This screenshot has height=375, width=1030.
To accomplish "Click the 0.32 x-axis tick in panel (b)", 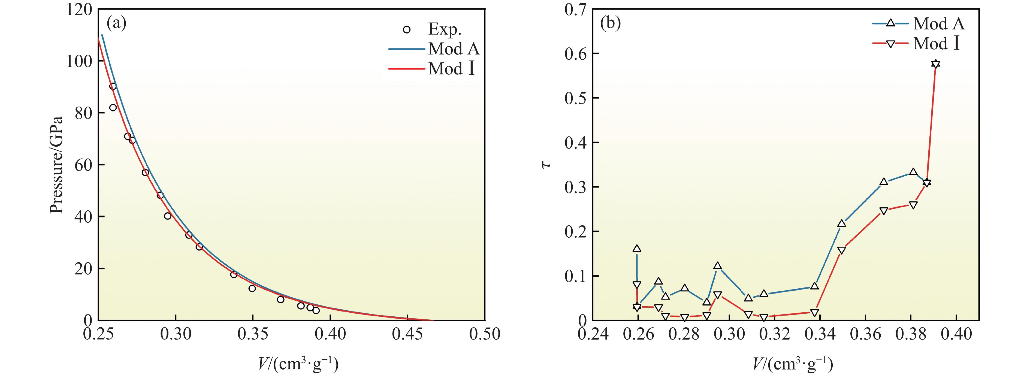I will (774, 334).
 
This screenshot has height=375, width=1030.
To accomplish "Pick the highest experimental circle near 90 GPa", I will (113, 86).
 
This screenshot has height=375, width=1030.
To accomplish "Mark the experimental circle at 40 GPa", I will (168, 216).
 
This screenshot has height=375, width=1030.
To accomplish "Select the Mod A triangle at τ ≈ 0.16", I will (637, 249).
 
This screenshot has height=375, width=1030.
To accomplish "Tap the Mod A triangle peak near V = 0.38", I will (913, 172).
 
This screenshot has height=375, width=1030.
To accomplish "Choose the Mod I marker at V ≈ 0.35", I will (842, 250).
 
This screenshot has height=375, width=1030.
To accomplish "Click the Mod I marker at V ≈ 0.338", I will (814, 313).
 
